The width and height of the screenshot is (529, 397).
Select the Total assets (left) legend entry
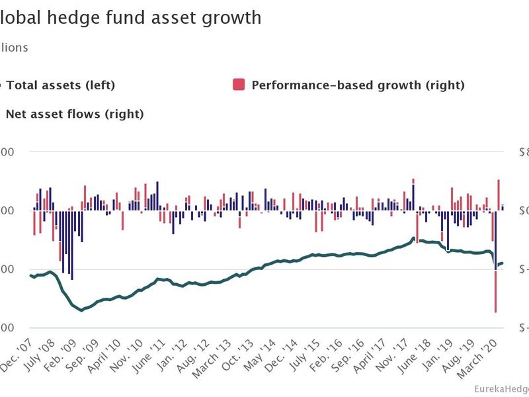pyautogui.click(x=61, y=85)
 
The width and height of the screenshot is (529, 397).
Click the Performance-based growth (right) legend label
pyautogui.click(x=358, y=85)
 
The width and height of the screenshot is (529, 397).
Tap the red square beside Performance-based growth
pyautogui.click(x=239, y=84)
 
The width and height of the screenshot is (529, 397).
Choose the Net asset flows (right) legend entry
pyautogui.click(x=74, y=114)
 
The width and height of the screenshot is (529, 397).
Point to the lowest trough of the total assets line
pyautogui.click(x=82, y=310)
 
